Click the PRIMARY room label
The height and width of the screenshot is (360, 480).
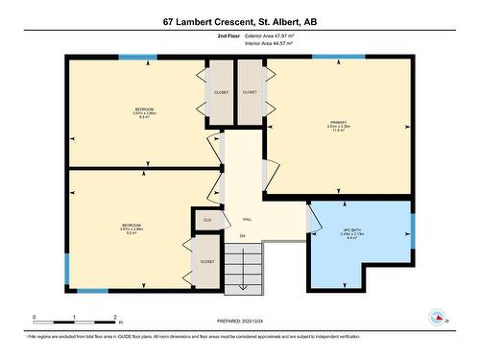pos(338,124)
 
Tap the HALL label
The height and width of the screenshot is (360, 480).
pos(247,219)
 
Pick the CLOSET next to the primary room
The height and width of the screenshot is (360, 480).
pos(250,93)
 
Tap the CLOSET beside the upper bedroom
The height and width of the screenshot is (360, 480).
pos(220,93)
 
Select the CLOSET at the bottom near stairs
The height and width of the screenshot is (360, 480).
pos(207,261)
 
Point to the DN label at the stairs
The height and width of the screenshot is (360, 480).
pos(243,236)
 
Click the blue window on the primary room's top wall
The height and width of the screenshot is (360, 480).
pos(331,57)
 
